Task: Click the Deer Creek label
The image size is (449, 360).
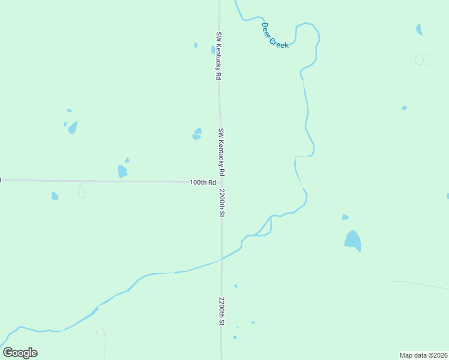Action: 276,35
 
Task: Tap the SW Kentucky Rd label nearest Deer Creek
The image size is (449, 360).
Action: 219,56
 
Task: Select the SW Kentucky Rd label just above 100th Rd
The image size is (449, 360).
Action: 221,152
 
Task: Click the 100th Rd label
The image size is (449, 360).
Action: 202,182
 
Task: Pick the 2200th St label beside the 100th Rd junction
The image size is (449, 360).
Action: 221,203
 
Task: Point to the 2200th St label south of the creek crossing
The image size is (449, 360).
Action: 221,311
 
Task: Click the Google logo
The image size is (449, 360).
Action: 20,353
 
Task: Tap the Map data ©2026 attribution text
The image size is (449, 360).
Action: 424,355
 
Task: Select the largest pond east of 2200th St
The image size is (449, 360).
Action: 353,241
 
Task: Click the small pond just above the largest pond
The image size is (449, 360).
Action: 345,217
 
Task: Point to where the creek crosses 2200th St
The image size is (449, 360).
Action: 221,259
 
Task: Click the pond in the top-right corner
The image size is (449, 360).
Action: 419,29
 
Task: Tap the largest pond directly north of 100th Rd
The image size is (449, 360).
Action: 122,172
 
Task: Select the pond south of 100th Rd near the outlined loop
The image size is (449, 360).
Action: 55,196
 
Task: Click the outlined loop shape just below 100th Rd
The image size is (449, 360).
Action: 81,191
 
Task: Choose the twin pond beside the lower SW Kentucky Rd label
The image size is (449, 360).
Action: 197,134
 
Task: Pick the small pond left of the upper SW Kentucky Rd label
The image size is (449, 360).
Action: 196,45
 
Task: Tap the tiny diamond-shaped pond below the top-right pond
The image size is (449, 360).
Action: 404,108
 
